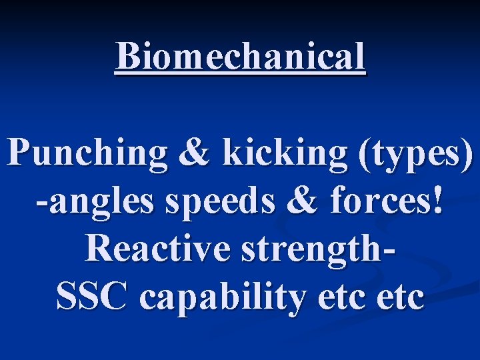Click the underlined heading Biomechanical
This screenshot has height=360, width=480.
240,56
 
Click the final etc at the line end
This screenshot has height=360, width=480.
399,297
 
